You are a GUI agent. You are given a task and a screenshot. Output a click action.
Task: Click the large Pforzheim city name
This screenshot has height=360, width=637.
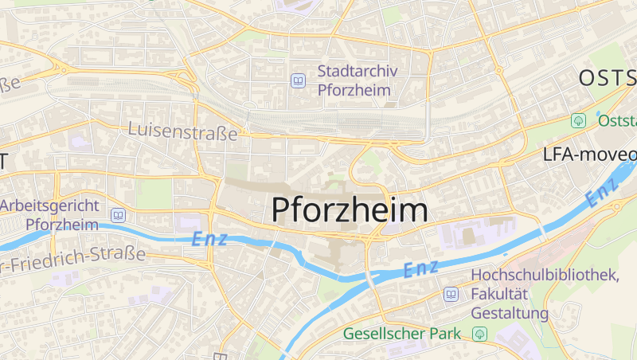pyautogui.click(x=350, y=209)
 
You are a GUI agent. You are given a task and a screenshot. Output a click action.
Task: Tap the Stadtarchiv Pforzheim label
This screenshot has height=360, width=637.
pyautogui.click(x=358, y=80)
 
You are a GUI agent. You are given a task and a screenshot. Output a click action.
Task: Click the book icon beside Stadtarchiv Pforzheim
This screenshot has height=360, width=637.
pyautogui.click(x=299, y=80)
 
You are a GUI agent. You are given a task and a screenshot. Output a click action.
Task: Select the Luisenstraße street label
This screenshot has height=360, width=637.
pyautogui.click(x=183, y=131)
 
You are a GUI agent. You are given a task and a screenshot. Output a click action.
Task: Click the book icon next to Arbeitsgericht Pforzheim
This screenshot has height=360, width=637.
pyautogui.click(x=118, y=215)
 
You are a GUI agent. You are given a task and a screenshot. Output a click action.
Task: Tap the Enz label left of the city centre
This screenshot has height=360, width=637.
pyautogui.click(x=210, y=238)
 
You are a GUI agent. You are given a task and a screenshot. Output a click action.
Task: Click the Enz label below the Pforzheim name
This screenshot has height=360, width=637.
pyautogui.click(x=421, y=269)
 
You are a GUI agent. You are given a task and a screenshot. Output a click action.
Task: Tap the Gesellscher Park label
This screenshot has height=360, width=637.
pyautogui.click(x=402, y=333)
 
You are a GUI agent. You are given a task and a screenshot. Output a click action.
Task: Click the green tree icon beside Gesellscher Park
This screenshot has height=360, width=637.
pyautogui.click(x=479, y=333)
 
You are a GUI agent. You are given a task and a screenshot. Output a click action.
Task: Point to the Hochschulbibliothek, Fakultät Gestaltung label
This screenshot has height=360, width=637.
pyautogui.click(x=545, y=294)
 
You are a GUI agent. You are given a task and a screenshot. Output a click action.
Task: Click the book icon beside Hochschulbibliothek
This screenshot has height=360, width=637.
pyautogui.click(x=451, y=295)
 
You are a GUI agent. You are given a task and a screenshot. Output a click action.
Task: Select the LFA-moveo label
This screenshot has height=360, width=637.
pyautogui.click(x=589, y=154)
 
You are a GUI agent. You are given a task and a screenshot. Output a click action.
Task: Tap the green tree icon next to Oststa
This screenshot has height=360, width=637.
pyautogui.click(x=579, y=120)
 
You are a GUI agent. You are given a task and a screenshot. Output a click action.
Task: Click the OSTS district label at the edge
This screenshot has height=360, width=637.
pyautogui.click(x=607, y=78)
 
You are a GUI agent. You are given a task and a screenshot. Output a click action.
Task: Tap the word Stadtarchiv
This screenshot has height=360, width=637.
pyautogui.click(x=358, y=71)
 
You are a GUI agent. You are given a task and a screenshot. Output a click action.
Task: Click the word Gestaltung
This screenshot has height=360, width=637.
pyautogui.click(x=510, y=313)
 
